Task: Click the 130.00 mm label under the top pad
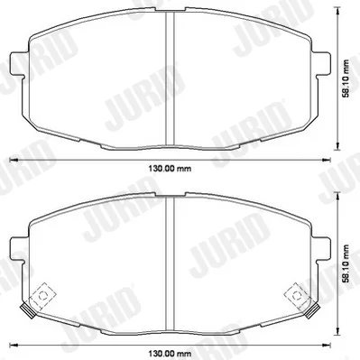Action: [170, 169]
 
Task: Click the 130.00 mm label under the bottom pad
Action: [170, 353]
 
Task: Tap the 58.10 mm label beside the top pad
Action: [346, 78]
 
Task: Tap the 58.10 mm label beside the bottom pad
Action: [346, 263]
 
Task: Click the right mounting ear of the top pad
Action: [321, 63]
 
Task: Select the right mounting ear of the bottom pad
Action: [321, 248]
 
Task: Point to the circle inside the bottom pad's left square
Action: [43, 296]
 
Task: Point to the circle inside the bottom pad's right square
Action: [297, 296]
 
